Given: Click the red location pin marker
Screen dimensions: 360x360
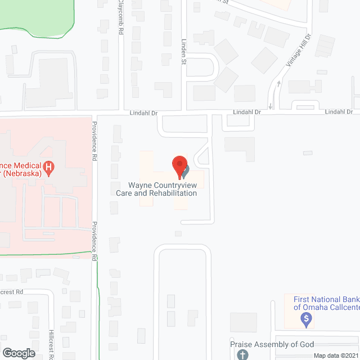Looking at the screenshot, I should pyautogui.click(x=179, y=166).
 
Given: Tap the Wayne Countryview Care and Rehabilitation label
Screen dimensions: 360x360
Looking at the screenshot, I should pyautogui.click(x=156, y=189).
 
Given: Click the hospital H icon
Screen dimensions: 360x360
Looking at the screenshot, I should pyautogui.click(x=49, y=167).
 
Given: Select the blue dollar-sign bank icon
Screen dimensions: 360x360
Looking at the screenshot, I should pyautogui.click(x=307, y=320).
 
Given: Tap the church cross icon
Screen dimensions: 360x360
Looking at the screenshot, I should pyautogui.click(x=242, y=354).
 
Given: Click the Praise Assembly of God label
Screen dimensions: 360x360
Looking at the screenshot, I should pyautogui.click(x=272, y=344).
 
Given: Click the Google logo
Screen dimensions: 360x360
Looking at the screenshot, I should pyautogui.click(x=18, y=353).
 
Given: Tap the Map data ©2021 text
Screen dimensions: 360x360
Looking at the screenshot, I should pyautogui.click(x=335, y=355).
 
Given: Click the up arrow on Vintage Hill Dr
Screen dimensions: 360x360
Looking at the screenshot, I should pyautogui.click(x=278, y=85).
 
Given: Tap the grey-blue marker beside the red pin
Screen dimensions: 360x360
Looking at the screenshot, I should pyautogui.click(x=185, y=169).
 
